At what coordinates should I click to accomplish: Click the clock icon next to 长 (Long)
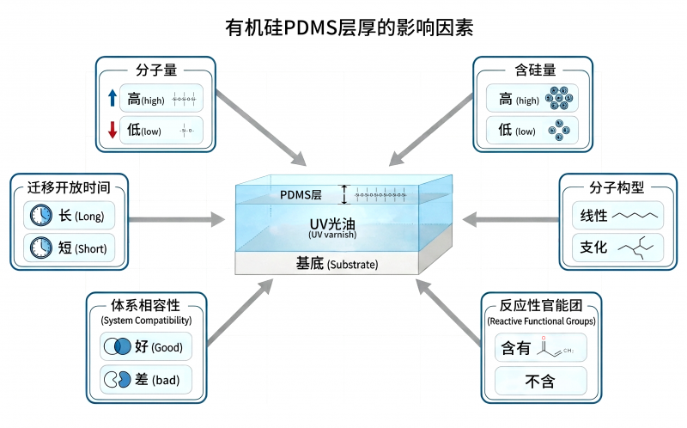pyautogui.click(x=38, y=216)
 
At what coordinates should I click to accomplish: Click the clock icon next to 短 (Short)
pyautogui.click(x=38, y=248)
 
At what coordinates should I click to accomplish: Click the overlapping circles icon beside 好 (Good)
pyautogui.click(x=115, y=347)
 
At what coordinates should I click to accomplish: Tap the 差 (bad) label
pyautogui.click(x=159, y=379)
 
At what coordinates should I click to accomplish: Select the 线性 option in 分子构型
pyautogui.click(x=594, y=216)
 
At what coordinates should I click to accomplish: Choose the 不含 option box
pyautogui.click(x=540, y=380)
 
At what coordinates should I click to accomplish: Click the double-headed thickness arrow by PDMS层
pyautogui.click(x=345, y=195)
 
